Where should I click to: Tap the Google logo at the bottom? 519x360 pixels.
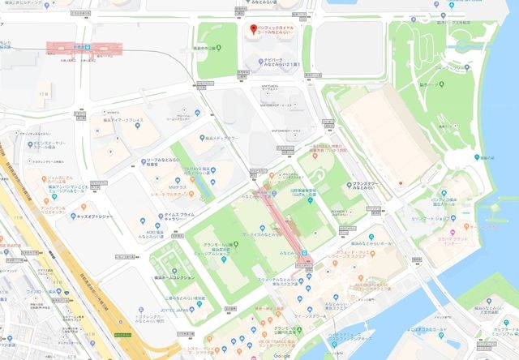coord(281,355)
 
